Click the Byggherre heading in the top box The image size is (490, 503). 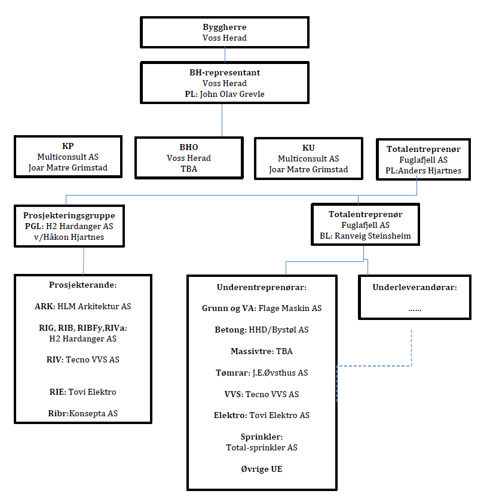tap(224, 28)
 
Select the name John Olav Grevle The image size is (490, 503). tap(232, 94)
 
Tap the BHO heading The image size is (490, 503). tap(189, 147)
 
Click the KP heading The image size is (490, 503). tap(68, 146)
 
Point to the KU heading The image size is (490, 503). tap(308, 148)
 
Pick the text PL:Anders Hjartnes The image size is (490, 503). tap(423, 170)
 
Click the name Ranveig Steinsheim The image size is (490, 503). tap(373, 236)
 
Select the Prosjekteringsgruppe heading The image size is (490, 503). tap(69, 216)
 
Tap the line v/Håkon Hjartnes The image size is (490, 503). tap(69, 237)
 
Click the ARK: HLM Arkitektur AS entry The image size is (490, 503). tap(82, 306)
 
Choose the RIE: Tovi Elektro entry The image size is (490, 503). tap(82, 392)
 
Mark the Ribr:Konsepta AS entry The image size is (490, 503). tap(82, 413)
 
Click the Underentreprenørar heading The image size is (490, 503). tap(262, 288)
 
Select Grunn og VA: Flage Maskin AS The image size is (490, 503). tap(262, 309)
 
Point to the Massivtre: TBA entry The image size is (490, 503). tap(262, 351)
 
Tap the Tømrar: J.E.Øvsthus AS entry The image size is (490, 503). tap(262, 373)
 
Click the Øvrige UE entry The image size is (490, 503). tap(262, 469)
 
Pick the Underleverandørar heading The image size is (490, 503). tap(415, 288)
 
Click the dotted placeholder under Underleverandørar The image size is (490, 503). tap(415, 310)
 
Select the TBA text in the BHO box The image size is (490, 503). tap(189, 169)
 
